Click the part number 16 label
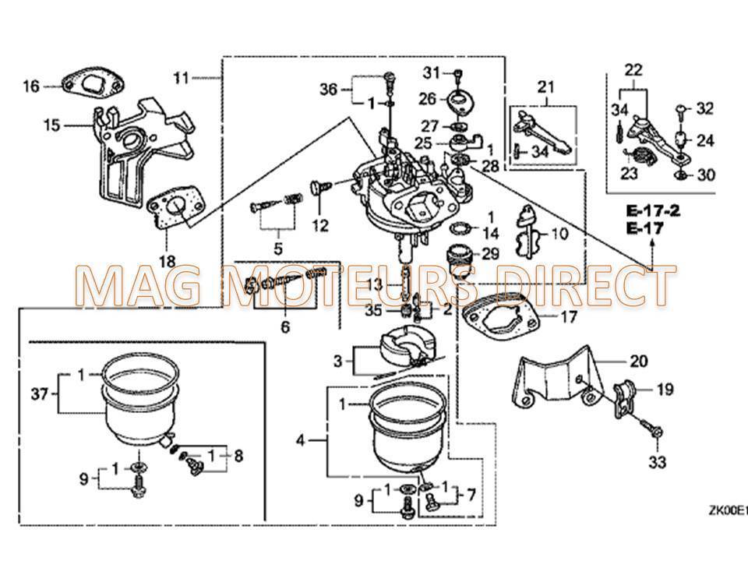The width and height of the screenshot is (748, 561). pos(30,86)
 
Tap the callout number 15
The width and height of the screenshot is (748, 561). pos(52,125)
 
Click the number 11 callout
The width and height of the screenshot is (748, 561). pos(181,77)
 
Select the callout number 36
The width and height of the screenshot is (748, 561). pos(329,90)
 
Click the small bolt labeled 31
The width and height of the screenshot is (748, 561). pos(458,74)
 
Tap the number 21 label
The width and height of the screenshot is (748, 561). pos(544,86)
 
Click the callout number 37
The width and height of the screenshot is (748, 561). pos(39,395)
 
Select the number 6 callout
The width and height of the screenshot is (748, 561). pos(285,328)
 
